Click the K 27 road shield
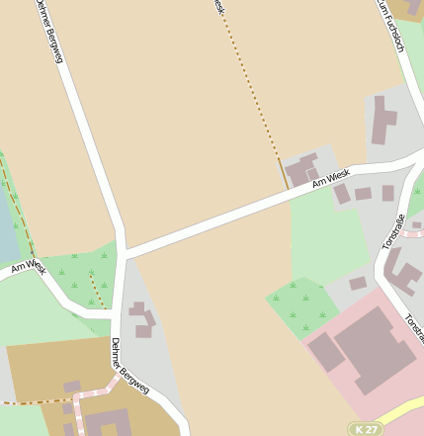(x=366, y=429)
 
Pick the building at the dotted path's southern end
(x=301, y=169)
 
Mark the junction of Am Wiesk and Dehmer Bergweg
(x=124, y=251)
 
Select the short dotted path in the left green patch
(x=97, y=291)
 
